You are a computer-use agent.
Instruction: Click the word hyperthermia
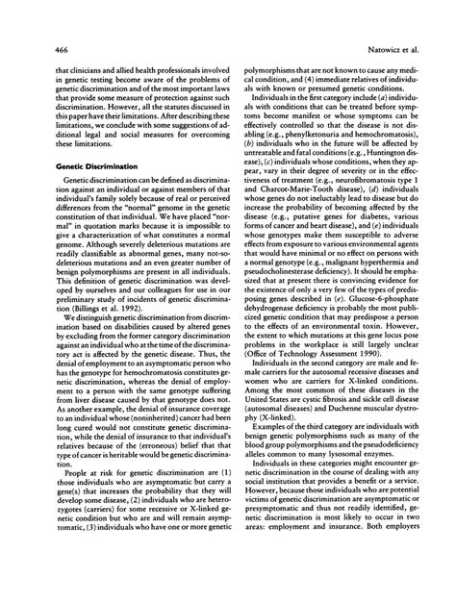pyautogui.click(x=391, y=289)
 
